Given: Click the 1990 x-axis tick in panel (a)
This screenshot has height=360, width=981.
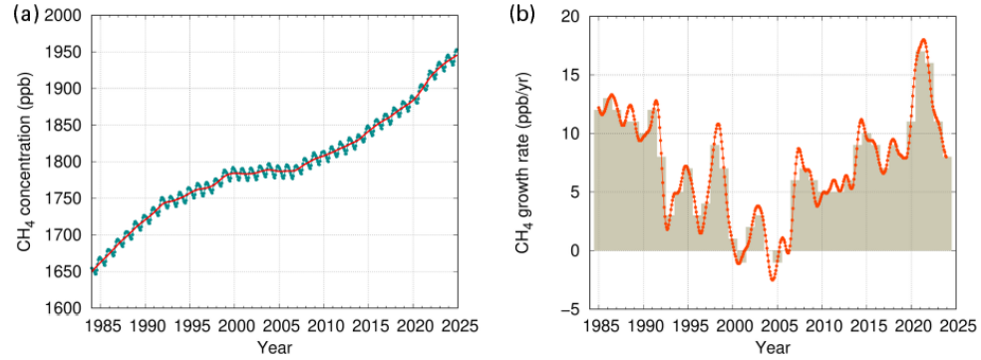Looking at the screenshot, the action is (x=146, y=325).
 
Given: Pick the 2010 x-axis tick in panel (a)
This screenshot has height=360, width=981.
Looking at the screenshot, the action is (x=323, y=325).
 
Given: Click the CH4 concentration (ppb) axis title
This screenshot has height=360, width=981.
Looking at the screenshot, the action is (x=25, y=163).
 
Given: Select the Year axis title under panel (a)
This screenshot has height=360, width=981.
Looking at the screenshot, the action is (x=274, y=346).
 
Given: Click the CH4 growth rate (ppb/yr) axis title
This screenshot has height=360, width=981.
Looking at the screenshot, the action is (x=523, y=163).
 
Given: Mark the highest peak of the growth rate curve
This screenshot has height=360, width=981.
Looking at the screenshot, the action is (x=923, y=40).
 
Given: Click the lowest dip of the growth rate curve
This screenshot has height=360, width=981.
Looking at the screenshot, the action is (x=773, y=280).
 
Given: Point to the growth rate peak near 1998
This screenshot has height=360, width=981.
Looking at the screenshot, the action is (x=718, y=124).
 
